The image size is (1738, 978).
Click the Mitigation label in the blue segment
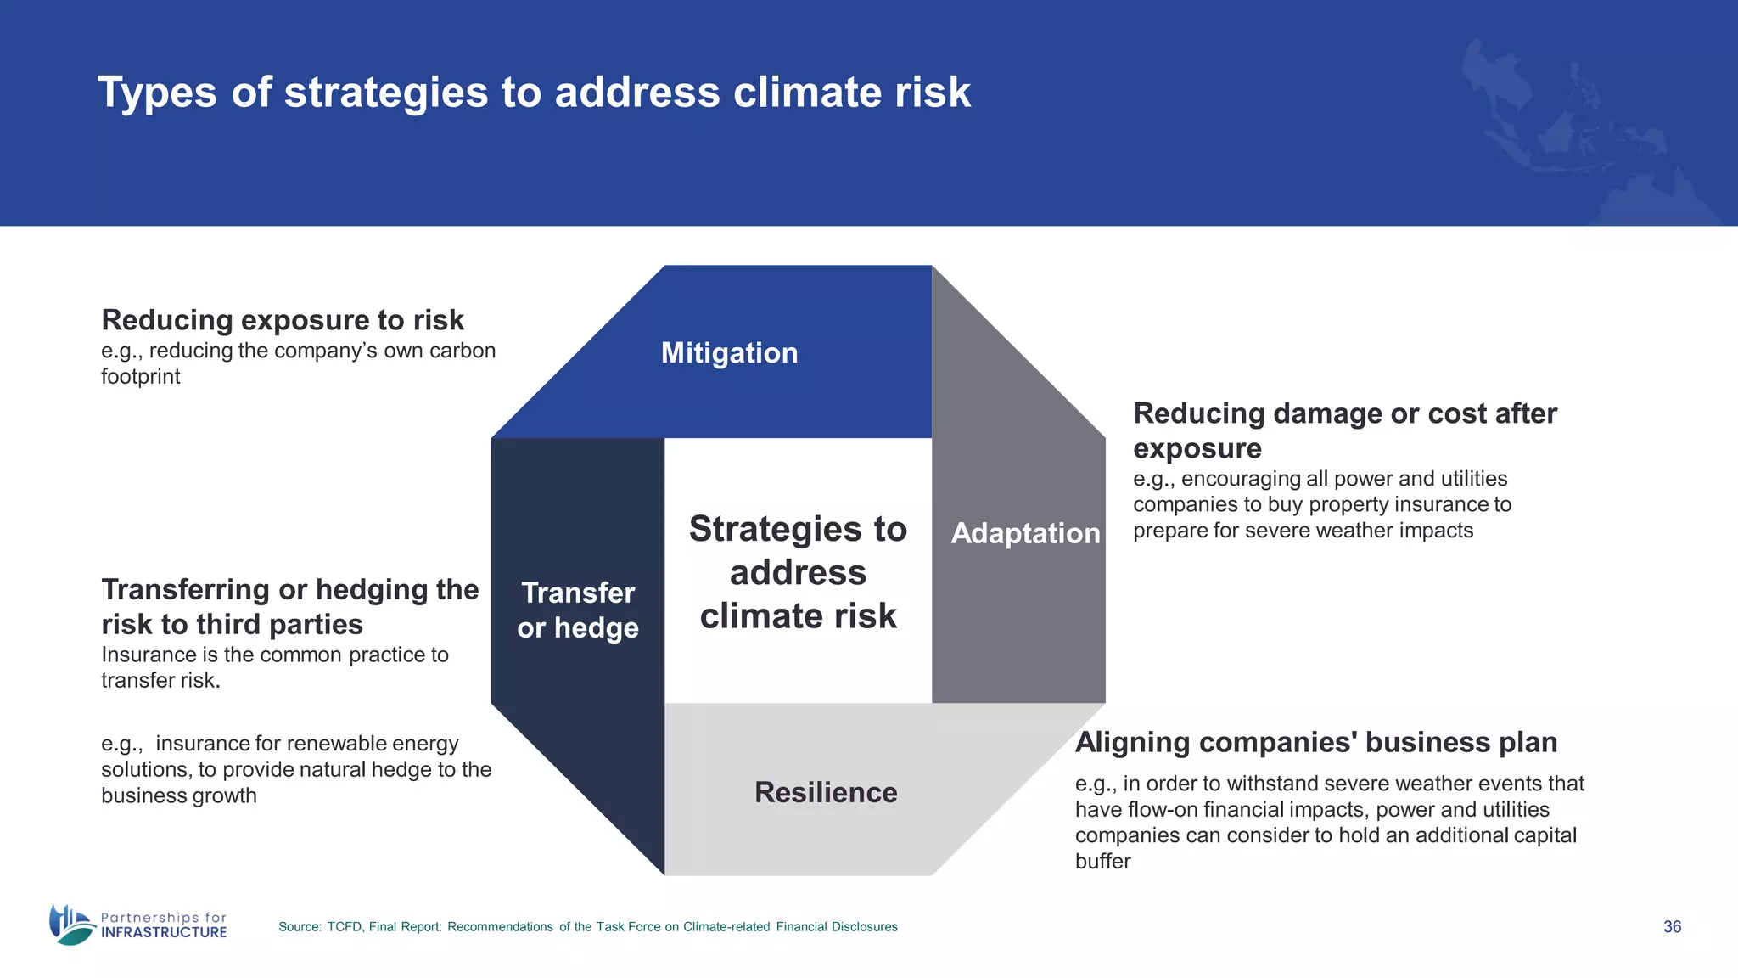[x=729, y=352]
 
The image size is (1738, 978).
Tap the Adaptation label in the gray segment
[x=1025, y=533]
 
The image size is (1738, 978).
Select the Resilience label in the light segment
[x=825, y=792]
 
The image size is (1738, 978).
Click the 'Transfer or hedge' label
[x=578, y=610]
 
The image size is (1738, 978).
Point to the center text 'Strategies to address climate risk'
[x=798, y=572]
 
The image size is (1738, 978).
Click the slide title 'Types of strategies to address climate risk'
[x=534, y=92]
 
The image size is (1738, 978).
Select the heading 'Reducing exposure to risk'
[x=283, y=320]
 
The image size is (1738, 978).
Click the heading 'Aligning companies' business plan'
[x=1315, y=742]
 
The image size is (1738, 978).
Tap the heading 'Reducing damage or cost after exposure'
[x=1344, y=430]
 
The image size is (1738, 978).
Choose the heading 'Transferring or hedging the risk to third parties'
[x=289, y=606]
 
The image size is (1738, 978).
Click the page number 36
[x=1672, y=926]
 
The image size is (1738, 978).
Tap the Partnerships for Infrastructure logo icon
[x=71, y=925]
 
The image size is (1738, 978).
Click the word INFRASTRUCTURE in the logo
[x=164, y=932]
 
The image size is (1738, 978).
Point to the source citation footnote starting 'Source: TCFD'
[x=587, y=927]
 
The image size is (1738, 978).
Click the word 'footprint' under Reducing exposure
[x=141, y=376]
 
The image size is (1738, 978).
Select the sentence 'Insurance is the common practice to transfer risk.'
[x=274, y=667]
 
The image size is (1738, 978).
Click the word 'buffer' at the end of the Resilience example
[x=1102, y=861]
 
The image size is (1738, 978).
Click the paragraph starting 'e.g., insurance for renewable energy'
[x=295, y=769]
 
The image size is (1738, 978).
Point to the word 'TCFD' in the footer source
[x=345, y=927]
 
